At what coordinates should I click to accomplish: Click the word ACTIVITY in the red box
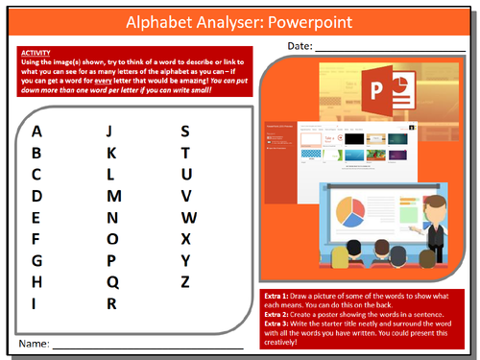(35, 54)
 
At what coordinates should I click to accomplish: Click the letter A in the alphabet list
(36, 131)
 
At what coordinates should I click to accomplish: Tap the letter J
(110, 131)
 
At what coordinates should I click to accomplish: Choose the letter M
(112, 196)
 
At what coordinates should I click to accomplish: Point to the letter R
(111, 303)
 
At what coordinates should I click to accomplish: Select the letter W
(188, 217)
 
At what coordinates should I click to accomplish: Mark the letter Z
(186, 281)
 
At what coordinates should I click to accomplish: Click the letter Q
(111, 281)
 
